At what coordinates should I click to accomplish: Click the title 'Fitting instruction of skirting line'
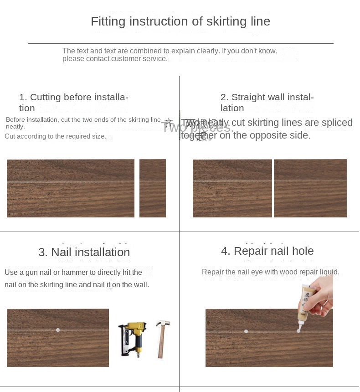[x=180, y=21]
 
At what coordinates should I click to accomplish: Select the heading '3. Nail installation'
[x=84, y=252]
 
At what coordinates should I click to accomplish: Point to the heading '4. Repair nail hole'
[x=267, y=251]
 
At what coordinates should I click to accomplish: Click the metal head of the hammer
[x=163, y=325]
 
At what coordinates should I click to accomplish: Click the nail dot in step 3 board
[x=58, y=330]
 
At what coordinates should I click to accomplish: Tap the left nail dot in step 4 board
[x=246, y=331]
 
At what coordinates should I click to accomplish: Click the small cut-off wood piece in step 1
[x=153, y=188]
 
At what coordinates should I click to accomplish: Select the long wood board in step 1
[x=71, y=188]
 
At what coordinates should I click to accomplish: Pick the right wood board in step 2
[x=310, y=188]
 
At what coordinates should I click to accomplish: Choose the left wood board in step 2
[x=232, y=188]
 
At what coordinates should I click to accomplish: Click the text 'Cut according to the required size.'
[x=55, y=136]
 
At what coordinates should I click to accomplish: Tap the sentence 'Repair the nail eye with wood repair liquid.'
[x=270, y=272]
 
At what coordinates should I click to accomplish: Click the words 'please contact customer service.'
[x=115, y=59]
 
